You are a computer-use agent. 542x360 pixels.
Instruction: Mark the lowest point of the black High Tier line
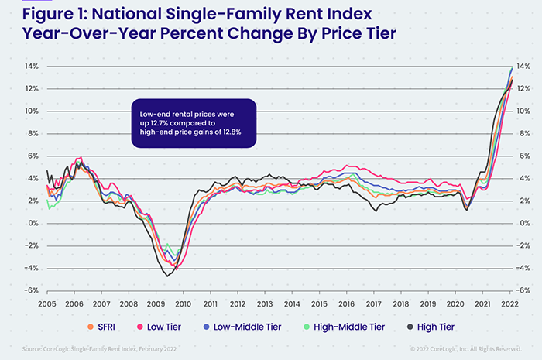pos(169,276)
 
